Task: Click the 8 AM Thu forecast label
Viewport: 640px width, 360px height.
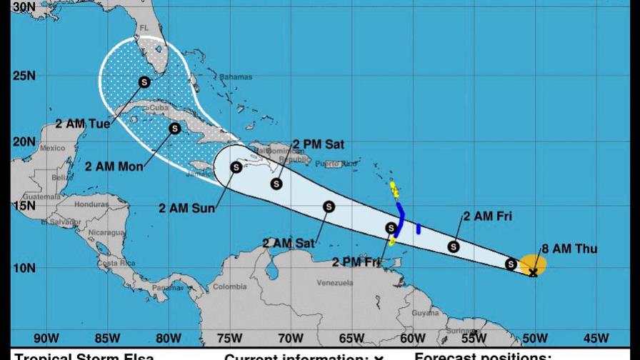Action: point(569,249)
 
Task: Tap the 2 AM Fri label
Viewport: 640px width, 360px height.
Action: point(487,216)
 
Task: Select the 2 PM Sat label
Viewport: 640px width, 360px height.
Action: point(319,144)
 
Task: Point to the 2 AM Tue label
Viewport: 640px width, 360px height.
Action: point(83,124)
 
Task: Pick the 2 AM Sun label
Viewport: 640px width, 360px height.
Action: point(187,209)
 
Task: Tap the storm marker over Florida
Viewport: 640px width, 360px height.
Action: point(144,82)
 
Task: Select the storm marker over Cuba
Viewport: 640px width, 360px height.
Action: point(174,129)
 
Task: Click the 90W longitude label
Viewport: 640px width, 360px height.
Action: point(46,338)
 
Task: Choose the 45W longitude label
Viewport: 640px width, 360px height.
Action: point(596,338)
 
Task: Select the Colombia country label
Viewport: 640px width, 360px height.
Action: point(229,287)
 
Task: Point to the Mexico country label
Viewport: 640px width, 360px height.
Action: point(52,149)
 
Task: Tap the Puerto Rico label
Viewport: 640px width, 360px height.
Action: point(339,164)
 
